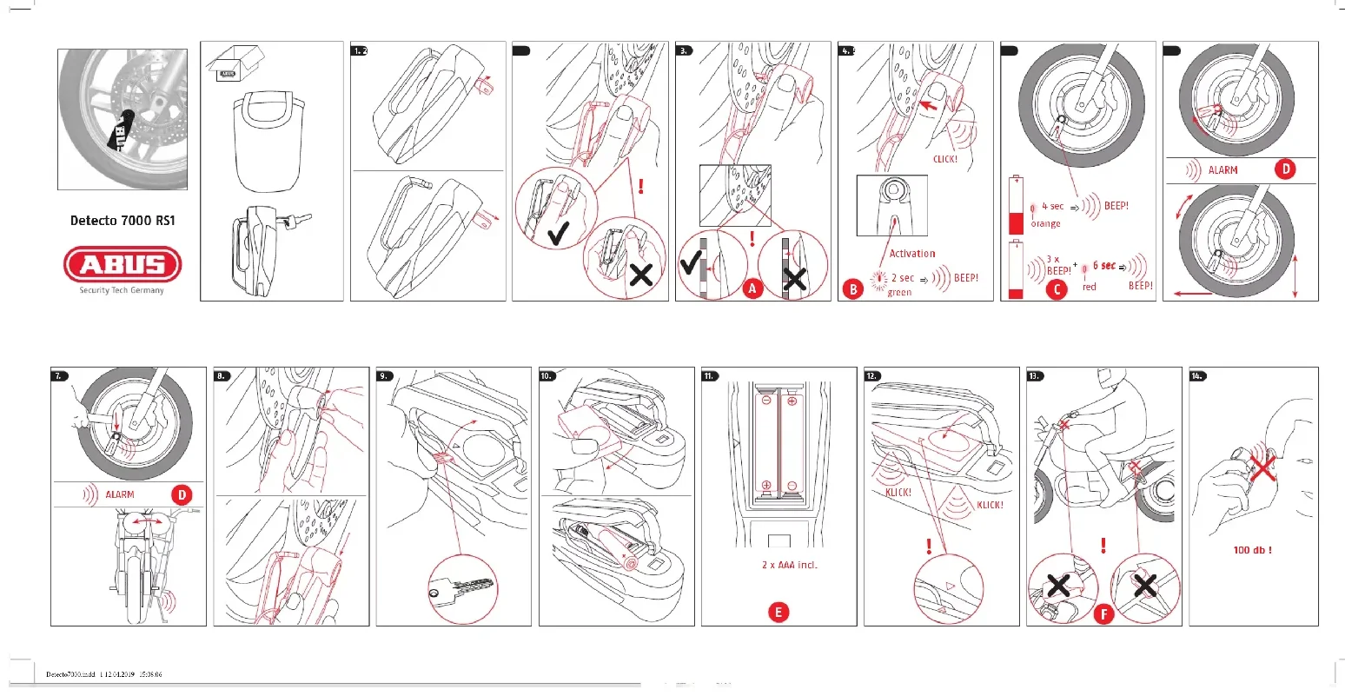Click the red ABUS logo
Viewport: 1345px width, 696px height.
click(x=123, y=264)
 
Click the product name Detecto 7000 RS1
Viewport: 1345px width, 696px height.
click(x=123, y=221)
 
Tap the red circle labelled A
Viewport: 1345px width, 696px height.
click(x=752, y=288)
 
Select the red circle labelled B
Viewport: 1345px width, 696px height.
click(x=852, y=288)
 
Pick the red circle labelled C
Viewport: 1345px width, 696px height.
click(x=1056, y=288)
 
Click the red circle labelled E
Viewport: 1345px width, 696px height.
click(x=779, y=612)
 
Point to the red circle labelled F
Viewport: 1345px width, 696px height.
click(x=1103, y=615)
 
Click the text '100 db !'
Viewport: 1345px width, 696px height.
click(x=1252, y=550)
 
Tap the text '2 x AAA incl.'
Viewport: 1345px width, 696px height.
click(x=789, y=565)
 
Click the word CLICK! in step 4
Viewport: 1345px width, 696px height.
click(x=944, y=160)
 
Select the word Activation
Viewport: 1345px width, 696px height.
click(x=911, y=254)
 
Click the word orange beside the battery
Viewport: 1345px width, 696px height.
click(x=1045, y=224)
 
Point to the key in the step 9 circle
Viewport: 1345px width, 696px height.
click(x=460, y=588)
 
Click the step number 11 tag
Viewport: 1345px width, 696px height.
click(x=710, y=376)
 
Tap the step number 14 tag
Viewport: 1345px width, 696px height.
click(x=1197, y=376)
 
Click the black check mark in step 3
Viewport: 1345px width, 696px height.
click(x=691, y=263)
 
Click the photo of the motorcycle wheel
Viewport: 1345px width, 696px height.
click(x=123, y=119)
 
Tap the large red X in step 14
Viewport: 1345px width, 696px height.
click(x=1262, y=467)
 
